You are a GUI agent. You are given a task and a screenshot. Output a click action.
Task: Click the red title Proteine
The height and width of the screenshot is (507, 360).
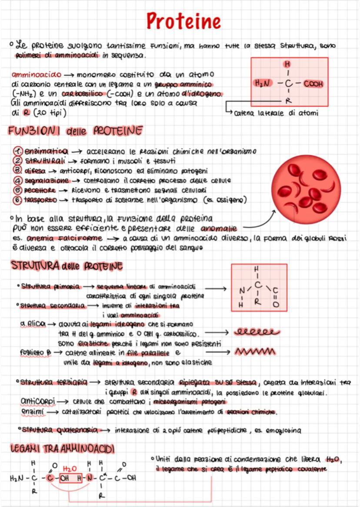(x=183, y=20)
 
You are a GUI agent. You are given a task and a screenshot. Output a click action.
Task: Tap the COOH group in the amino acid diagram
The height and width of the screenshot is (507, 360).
(x=313, y=83)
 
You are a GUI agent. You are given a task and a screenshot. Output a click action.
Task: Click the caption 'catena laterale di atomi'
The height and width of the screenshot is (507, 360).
(x=276, y=113)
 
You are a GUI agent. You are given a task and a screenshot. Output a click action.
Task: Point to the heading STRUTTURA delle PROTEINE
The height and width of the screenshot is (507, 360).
(x=65, y=266)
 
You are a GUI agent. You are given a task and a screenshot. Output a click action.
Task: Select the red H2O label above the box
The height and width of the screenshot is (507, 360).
(x=70, y=469)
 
